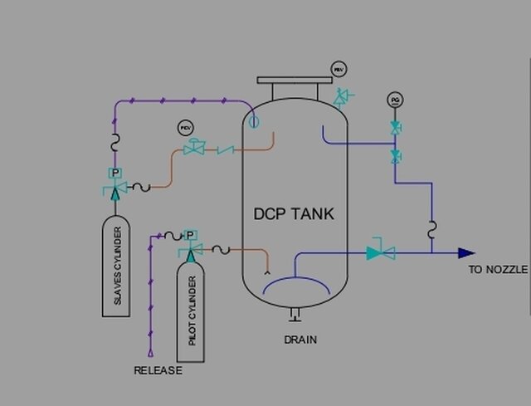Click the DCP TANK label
click(x=294, y=214)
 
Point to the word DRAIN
click(x=300, y=340)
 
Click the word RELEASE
click(x=158, y=370)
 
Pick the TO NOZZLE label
click(x=498, y=270)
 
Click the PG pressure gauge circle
click(x=395, y=100)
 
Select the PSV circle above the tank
click(x=339, y=70)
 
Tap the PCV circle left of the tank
click(x=185, y=128)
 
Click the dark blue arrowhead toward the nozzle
click(x=466, y=252)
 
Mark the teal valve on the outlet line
click(x=380, y=252)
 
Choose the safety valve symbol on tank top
click(x=341, y=98)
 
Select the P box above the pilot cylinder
click(x=190, y=236)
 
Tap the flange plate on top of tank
click(x=294, y=81)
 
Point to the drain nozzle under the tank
click(x=294, y=314)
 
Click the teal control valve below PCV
click(x=196, y=149)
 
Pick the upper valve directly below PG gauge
click(x=396, y=128)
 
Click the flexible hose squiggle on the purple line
click(x=114, y=143)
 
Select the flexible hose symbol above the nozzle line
click(x=431, y=229)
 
